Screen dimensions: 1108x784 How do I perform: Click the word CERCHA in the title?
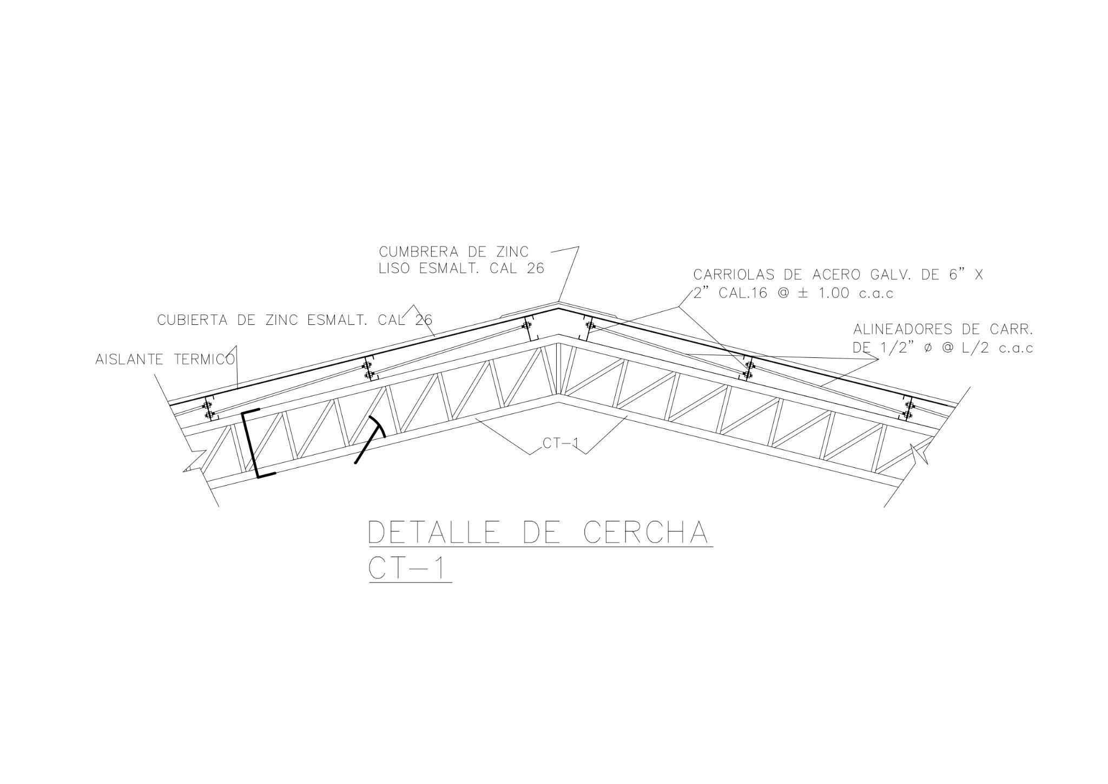pyautogui.click(x=644, y=533)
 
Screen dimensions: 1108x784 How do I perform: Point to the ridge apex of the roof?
pyautogui.click(x=558, y=306)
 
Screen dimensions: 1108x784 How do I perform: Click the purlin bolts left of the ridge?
pyautogui.click(x=526, y=326)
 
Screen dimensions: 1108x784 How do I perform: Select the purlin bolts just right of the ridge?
pyautogui.click(x=590, y=326)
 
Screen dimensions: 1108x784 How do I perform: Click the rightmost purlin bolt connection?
pyautogui.click(x=908, y=410)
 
